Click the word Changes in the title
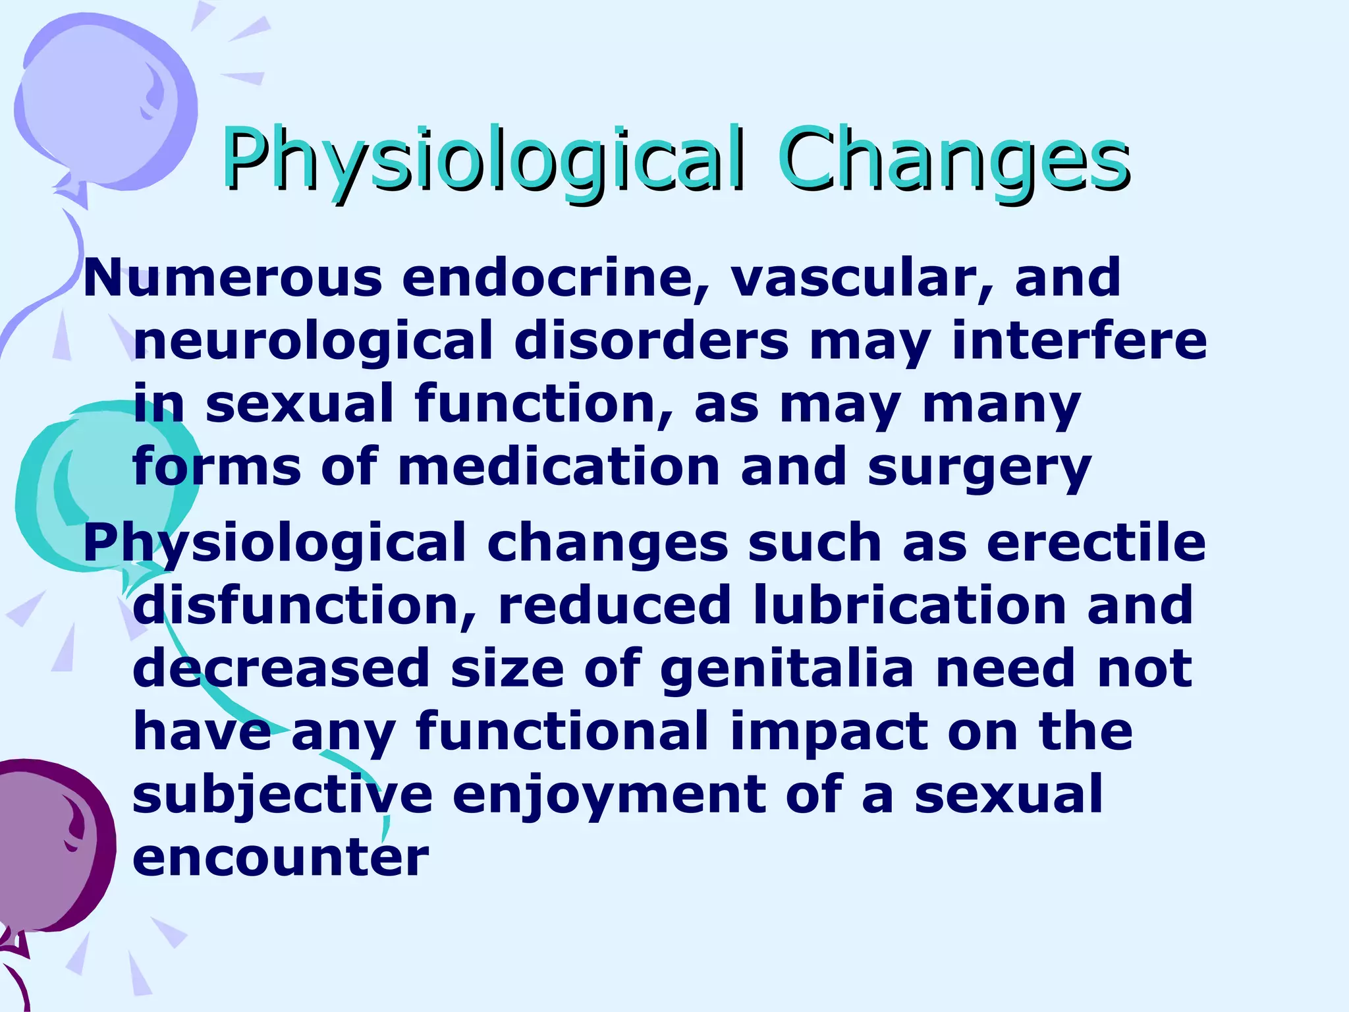tap(953, 158)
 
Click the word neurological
tap(313, 341)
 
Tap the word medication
tap(559, 466)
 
